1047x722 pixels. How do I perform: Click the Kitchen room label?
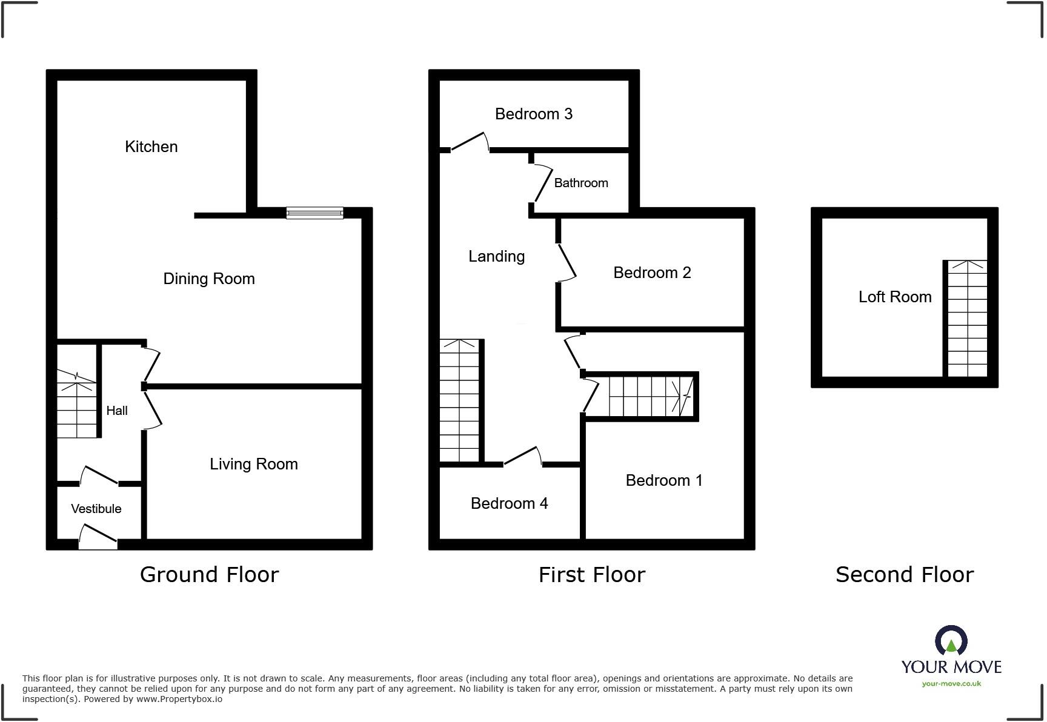151,147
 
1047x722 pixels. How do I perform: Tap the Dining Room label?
209,279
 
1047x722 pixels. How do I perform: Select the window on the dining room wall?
314,213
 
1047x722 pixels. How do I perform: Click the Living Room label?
253,464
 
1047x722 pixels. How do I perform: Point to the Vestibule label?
96,509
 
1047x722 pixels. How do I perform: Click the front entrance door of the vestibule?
98,537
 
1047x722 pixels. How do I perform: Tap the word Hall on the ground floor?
117,411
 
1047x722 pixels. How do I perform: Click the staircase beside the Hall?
77,403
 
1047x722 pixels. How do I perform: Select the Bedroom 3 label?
533,114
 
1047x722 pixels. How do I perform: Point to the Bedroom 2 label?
652,273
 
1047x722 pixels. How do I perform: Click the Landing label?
496,256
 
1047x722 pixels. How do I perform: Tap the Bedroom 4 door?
522,457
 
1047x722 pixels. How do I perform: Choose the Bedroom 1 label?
664,480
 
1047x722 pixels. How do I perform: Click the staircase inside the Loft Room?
967,319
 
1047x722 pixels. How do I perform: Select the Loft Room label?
894,297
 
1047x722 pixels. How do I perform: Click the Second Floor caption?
904,574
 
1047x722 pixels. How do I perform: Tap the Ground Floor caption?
209,574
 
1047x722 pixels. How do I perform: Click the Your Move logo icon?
951,641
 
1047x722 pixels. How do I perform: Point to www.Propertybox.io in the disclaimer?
179,699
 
